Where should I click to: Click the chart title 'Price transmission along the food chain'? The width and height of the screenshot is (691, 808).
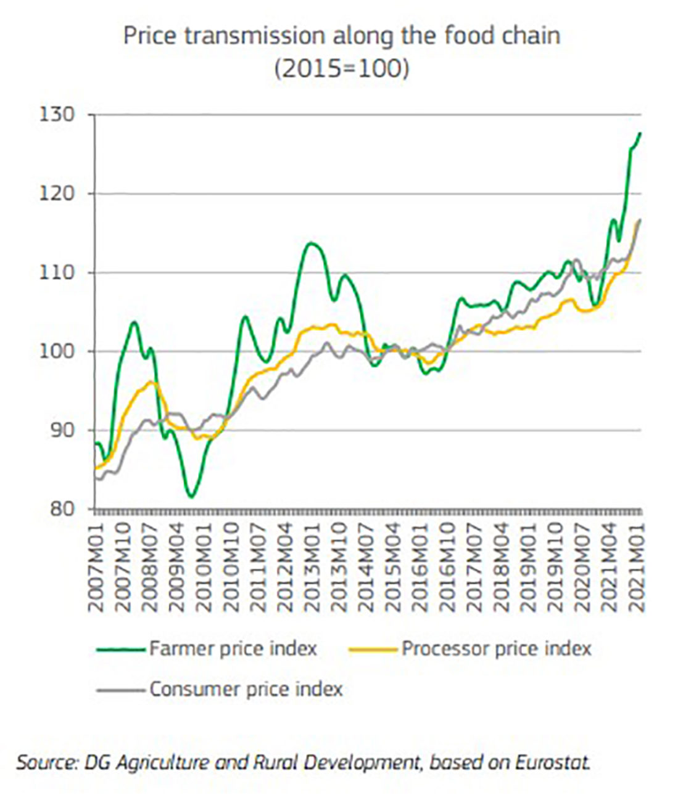click(x=341, y=36)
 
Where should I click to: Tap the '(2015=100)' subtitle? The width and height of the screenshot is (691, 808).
click(x=341, y=68)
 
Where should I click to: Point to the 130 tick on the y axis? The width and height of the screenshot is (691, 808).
click(x=57, y=115)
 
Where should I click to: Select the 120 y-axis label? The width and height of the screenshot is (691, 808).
click(x=57, y=194)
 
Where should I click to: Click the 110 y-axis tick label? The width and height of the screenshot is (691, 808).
click(x=57, y=272)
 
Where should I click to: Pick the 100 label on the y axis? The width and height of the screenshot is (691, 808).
click(x=57, y=351)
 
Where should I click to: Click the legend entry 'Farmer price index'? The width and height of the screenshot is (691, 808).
click(x=233, y=649)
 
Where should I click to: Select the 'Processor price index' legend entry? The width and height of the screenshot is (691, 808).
click(x=496, y=649)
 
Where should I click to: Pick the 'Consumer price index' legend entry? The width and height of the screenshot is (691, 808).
click(x=246, y=689)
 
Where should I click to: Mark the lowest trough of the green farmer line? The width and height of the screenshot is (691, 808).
click(x=191, y=496)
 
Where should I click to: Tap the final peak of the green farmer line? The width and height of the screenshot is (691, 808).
click(x=640, y=133)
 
